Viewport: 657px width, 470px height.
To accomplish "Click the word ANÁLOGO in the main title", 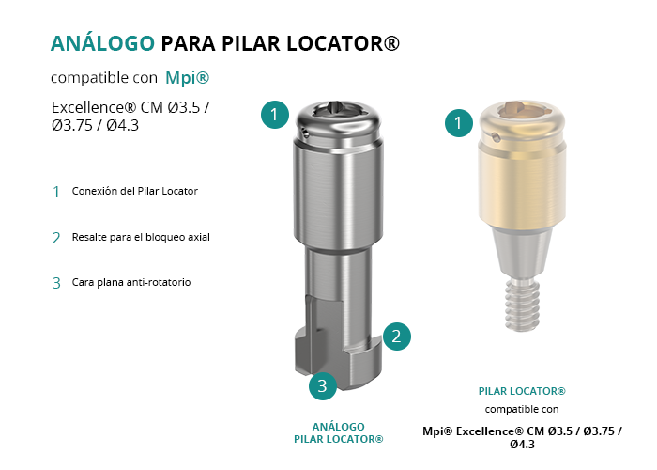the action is coord(102,43).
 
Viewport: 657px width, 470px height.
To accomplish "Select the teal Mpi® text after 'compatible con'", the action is coord(188,78).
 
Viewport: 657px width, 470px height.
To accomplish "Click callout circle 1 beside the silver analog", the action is coord(274,115).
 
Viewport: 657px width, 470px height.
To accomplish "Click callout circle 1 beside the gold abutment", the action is coord(458,123).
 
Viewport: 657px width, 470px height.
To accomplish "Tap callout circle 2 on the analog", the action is coord(396,337).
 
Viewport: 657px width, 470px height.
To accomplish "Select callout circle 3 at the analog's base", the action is coord(323,385).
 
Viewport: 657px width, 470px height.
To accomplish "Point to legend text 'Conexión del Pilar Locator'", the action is coord(135,191).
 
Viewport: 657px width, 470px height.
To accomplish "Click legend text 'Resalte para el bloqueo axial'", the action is coord(141,237).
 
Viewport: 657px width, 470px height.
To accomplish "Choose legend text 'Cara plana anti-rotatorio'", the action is coord(131,282).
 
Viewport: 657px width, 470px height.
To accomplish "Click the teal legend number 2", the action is coord(56,238).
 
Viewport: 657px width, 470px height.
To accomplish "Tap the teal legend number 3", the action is coord(56,283).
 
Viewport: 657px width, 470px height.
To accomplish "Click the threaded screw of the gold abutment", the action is coord(522,305).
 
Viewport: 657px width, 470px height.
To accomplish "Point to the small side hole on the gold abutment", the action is coord(497,137).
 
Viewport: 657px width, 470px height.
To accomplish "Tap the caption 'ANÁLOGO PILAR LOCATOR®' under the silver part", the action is coord(339,433).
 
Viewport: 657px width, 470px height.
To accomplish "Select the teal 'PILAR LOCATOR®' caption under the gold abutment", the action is coord(522,391).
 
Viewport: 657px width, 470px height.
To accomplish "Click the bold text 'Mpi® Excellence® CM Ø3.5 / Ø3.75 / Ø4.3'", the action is coord(522,438).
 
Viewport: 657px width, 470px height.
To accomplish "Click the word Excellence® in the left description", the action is coord(94,108).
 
